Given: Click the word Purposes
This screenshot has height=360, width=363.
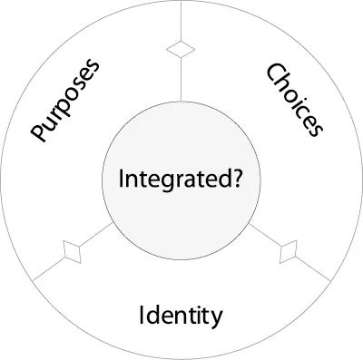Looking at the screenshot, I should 65,102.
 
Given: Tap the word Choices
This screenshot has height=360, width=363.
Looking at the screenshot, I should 294,100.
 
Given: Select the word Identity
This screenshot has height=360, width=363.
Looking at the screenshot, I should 181,316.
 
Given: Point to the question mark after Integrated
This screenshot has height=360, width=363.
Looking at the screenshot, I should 237,179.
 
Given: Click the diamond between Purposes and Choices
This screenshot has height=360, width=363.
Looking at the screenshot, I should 181,49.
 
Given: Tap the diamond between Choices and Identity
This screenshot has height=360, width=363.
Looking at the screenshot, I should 291,251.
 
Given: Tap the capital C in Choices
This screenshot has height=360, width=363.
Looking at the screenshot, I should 272,73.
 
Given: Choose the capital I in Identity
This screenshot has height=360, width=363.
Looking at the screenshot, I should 142,316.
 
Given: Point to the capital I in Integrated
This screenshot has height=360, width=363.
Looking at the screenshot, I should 123,179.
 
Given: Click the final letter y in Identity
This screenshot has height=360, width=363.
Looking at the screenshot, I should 216,318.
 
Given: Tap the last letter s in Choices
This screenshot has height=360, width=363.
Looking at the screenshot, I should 314,129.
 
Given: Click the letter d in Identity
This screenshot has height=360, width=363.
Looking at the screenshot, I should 153,316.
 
